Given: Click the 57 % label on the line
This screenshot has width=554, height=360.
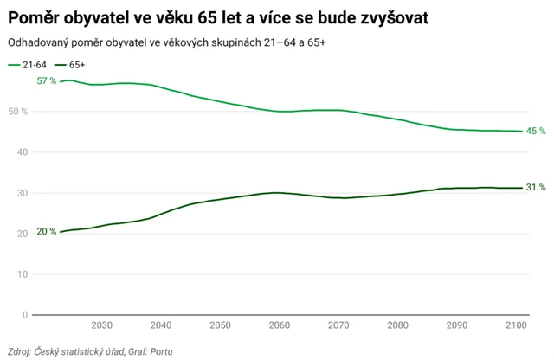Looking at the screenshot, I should click(x=46, y=80).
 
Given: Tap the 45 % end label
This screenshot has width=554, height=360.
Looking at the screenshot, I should click(x=536, y=132).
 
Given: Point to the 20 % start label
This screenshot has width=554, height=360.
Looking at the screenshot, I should click(x=46, y=232).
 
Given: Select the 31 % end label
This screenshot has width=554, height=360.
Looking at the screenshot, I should click(x=536, y=188).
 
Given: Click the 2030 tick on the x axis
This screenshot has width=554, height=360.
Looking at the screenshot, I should click(x=101, y=325).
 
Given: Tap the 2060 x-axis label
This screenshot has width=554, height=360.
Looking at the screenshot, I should click(x=279, y=325).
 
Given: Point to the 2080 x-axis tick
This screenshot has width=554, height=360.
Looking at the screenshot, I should click(x=397, y=325).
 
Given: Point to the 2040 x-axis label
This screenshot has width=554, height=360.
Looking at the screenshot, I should click(x=160, y=325).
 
